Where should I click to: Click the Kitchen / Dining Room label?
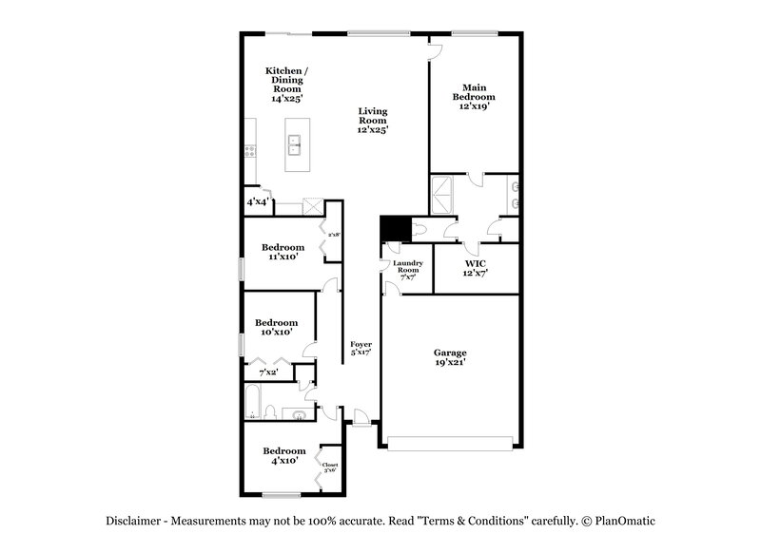coord(284,85)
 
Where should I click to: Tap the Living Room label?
coord(373,120)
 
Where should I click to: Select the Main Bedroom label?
coord(476,96)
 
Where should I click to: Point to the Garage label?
coord(451,358)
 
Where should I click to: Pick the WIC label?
coord(476,267)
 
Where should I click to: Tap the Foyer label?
coord(361,348)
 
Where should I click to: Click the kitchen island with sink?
coord(296,146)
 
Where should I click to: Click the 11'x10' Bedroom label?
coord(283,253)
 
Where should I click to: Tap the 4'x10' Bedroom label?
coord(284,455)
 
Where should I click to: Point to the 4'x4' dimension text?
coord(257,202)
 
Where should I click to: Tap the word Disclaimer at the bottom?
coord(134,521)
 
